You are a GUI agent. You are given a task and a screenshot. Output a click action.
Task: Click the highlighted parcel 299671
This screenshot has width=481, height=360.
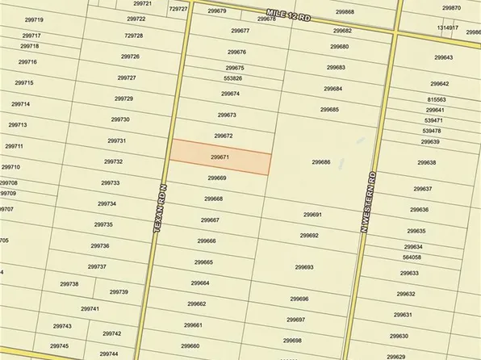tap(220, 157)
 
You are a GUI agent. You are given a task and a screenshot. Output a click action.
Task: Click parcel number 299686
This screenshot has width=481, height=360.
tap(321, 161)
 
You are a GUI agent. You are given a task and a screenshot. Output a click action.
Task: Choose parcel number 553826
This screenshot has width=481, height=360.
tap(232, 78)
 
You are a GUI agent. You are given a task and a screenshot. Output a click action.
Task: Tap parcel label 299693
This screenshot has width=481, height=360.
tap(304, 267)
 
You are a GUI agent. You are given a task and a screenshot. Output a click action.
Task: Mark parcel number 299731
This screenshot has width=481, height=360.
tap(116, 140)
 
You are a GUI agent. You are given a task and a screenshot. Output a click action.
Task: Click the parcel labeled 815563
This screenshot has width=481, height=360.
tap(436, 99)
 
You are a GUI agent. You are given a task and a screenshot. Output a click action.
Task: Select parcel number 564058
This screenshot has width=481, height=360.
tap(412, 257)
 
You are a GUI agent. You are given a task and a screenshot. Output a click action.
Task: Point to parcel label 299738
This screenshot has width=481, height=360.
tap(69, 283)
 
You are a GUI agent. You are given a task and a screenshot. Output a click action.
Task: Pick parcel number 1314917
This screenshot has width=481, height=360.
tap(448, 27)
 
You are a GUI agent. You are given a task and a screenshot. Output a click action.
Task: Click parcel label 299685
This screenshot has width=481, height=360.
tap(329, 109)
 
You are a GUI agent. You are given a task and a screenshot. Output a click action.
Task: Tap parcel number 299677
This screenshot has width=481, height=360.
tap(240, 31)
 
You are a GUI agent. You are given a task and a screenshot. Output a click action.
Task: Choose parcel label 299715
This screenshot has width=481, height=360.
tap(23, 83)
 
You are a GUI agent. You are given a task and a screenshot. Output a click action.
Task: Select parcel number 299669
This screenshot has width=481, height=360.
tap(217, 178)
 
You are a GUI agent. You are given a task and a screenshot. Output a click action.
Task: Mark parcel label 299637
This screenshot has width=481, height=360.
tap(423, 189)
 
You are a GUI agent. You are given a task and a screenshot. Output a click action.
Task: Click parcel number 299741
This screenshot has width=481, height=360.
tap(90, 309)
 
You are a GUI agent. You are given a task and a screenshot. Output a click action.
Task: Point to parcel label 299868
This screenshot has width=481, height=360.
tap(344, 12)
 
